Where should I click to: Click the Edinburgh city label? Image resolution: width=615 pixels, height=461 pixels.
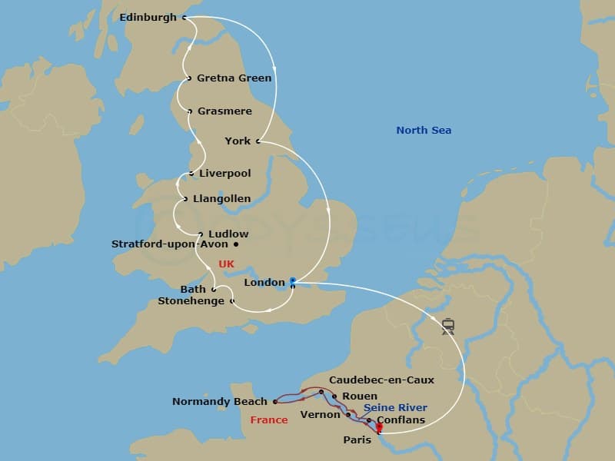148,17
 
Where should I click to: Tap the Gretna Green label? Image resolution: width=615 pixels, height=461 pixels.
234,78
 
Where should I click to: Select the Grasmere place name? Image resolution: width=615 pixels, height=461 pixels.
224,111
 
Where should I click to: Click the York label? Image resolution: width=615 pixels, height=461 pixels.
238,141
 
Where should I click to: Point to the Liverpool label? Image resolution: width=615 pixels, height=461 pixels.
224,174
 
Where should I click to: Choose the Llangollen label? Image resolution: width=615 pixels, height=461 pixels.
221,199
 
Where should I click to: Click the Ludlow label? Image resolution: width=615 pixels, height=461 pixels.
228,234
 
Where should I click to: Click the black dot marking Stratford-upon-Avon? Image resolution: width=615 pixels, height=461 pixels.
236,245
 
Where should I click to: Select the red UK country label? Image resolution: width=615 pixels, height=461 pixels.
226,264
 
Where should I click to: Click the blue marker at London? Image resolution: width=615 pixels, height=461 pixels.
292,281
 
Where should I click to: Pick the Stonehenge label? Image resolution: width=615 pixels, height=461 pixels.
191,301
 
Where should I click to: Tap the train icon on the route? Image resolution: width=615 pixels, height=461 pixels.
448,327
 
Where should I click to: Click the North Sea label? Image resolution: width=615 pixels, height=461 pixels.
424,131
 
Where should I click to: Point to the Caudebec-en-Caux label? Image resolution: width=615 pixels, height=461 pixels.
381,380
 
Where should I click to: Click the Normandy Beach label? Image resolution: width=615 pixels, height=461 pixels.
219,401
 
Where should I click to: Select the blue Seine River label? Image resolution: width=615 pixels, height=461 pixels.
395,408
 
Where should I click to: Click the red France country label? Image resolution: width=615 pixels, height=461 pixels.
269,420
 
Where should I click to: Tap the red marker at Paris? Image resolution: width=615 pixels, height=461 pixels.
379,427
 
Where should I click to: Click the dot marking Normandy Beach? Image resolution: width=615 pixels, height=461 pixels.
274,401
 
